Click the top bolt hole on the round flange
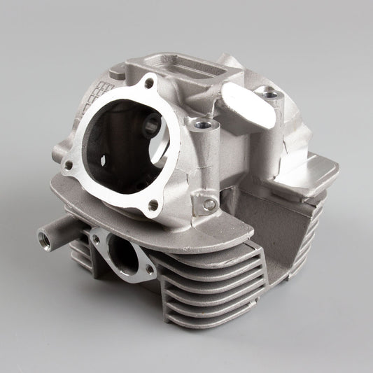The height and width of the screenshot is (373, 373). [x=148, y=85]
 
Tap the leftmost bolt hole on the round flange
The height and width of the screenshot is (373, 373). [x=69, y=165]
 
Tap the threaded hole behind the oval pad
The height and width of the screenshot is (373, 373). [x=267, y=91]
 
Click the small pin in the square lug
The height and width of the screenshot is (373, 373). [x=208, y=204]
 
